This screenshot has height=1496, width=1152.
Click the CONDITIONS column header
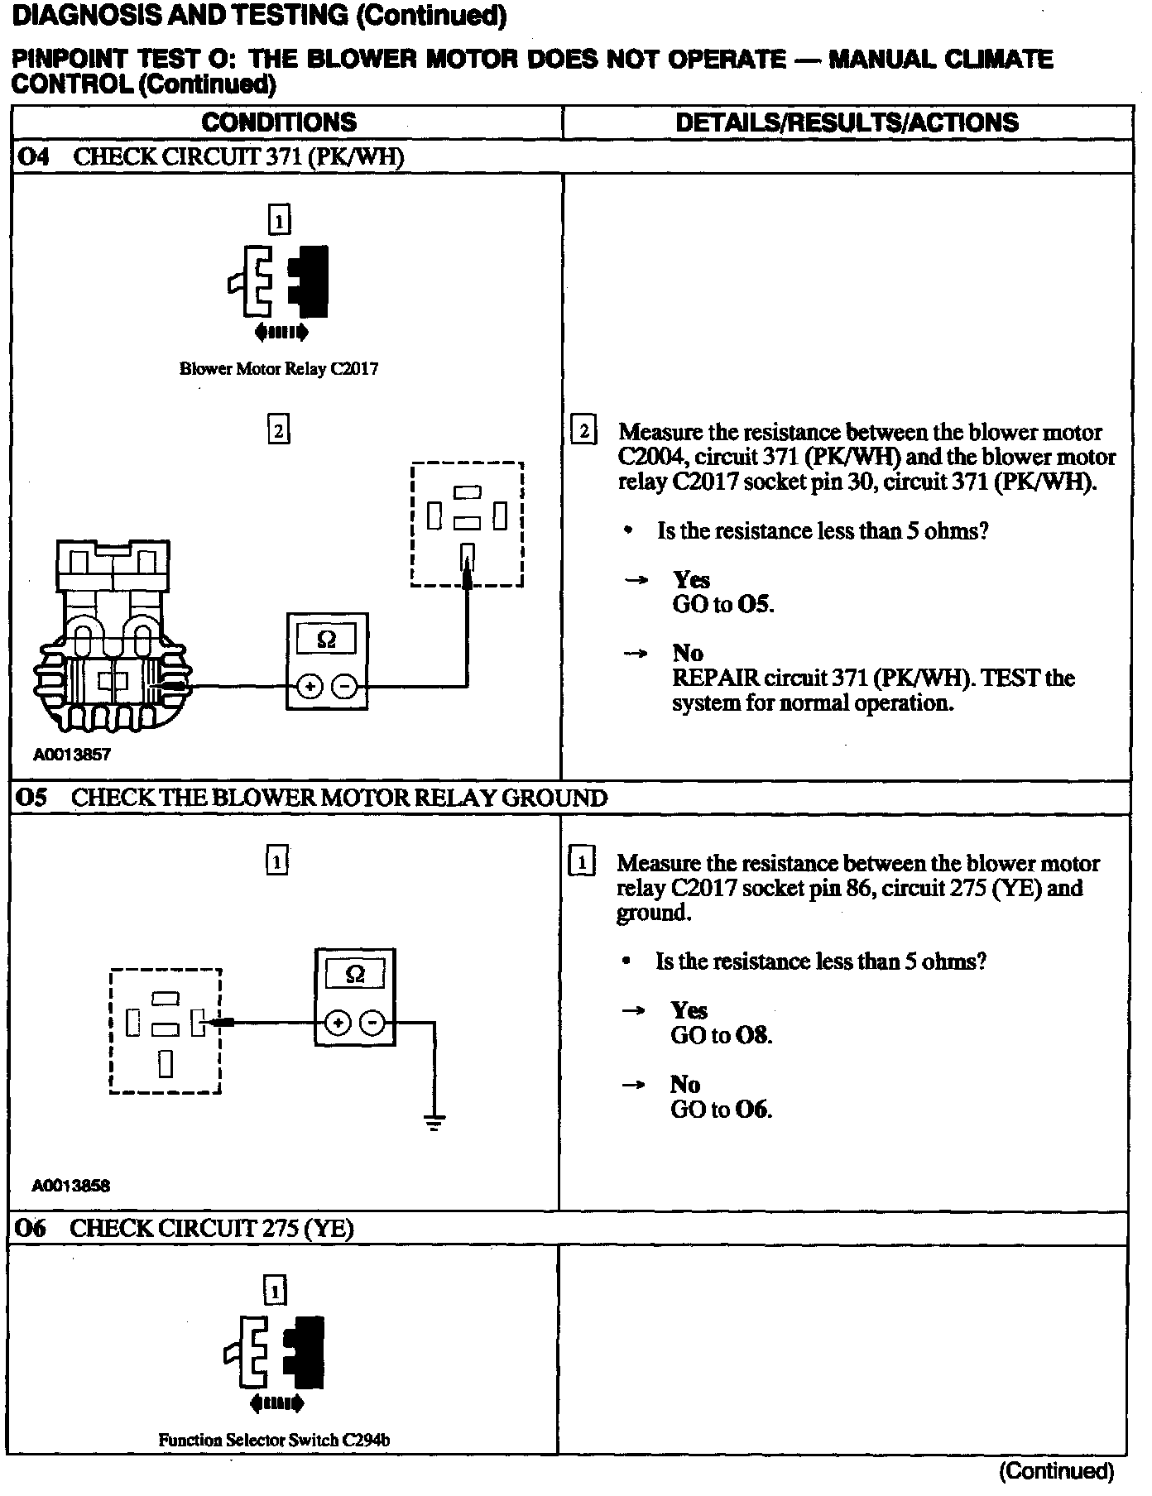click(279, 122)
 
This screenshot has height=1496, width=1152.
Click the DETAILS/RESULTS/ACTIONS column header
click(847, 122)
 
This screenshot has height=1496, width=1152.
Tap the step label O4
click(34, 157)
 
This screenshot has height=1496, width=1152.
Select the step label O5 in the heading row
click(32, 798)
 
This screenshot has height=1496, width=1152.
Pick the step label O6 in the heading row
click(31, 1228)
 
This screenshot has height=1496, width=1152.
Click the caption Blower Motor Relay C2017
click(279, 369)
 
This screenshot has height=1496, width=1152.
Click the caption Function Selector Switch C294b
click(274, 1440)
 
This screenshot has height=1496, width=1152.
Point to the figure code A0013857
click(72, 755)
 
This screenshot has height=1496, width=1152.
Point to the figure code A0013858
click(71, 1186)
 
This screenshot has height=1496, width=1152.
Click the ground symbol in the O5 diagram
click(434, 1122)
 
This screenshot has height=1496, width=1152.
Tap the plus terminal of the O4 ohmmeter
click(310, 686)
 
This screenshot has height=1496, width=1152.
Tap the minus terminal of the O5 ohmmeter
click(373, 1024)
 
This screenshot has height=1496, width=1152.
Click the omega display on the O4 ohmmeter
click(327, 639)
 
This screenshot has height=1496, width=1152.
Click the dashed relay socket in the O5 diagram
click(166, 1030)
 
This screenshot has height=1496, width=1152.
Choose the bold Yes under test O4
click(691, 579)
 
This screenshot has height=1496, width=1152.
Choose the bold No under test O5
click(685, 1084)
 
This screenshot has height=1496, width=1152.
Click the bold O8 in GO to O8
click(752, 1035)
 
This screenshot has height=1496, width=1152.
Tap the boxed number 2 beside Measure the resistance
click(584, 431)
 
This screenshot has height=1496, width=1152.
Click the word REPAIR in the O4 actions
click(715, 678)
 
